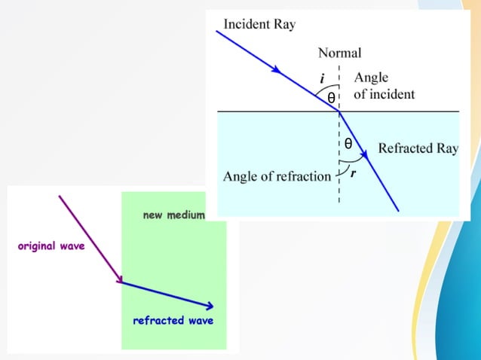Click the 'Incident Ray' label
tap(259, 24)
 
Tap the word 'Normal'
tap(339, 53)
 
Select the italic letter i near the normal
tap(322, 78)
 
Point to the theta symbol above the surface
tap(331, 97)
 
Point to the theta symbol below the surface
tap(348, 142)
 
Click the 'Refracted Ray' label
tap(418, 148)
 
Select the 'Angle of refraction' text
tap(277, 177)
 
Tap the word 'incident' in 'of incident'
tap(393, 95)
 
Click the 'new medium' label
tap(173, 215)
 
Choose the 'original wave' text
tap(51, 246)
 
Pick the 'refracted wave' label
tap(173, 320)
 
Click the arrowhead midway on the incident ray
tap(278, 70)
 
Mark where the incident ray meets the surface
tap(339, 111)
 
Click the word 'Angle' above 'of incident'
tap(371, 78)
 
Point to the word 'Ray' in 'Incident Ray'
tap(284, 24)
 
